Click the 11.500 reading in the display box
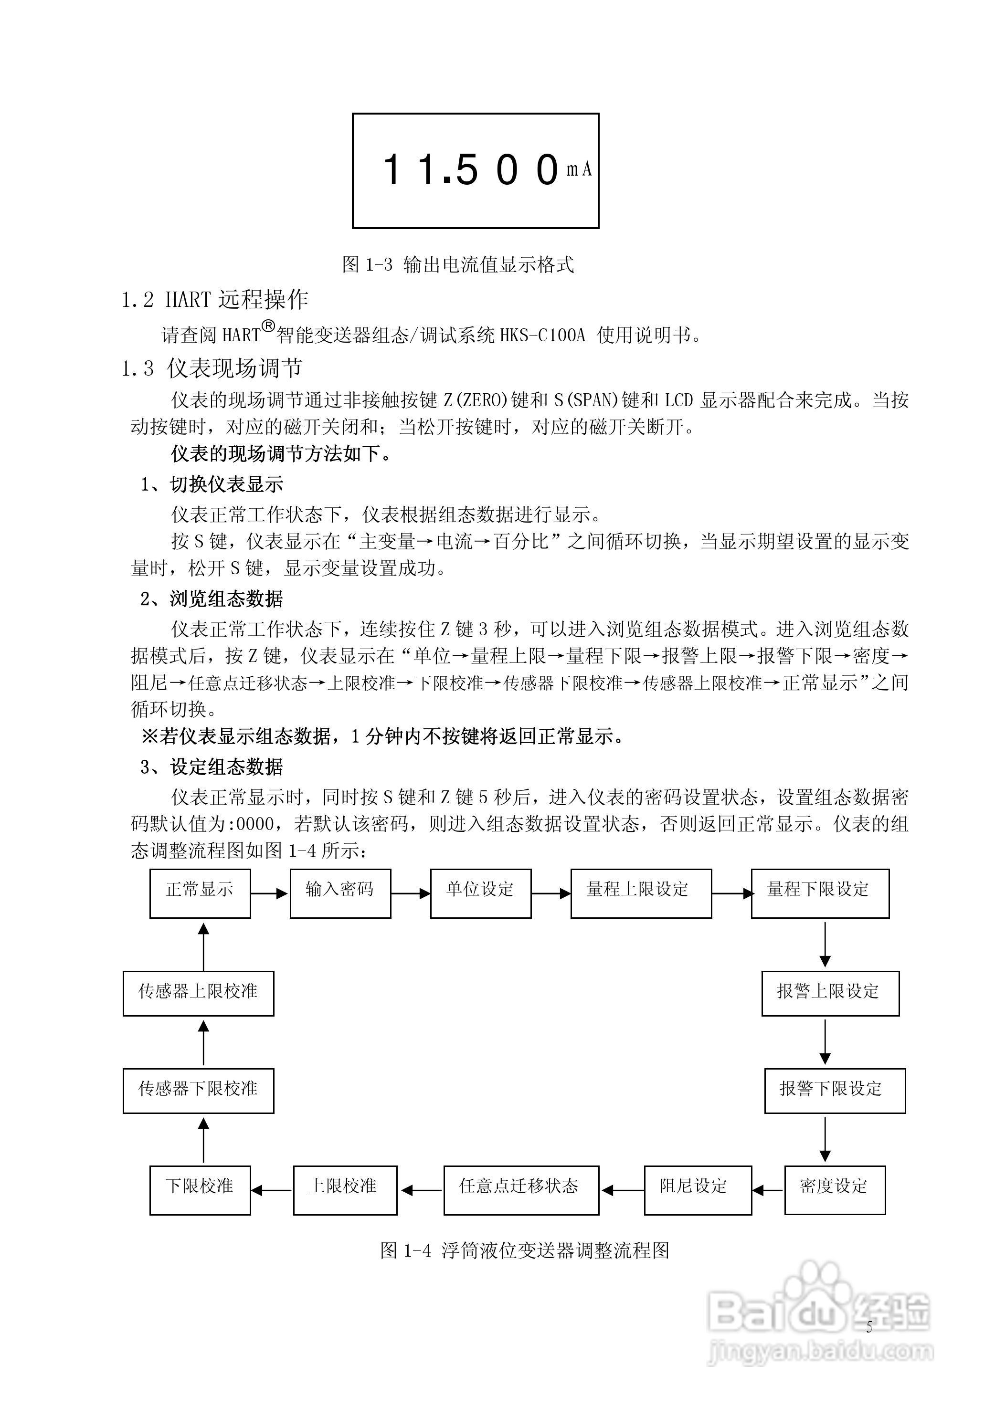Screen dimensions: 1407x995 [x=471, y=170]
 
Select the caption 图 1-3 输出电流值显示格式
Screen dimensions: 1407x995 [x=458, y=265]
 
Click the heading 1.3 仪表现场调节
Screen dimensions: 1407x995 [x=212, y=368]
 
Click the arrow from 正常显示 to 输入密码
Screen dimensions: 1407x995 [x=270, y=893]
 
